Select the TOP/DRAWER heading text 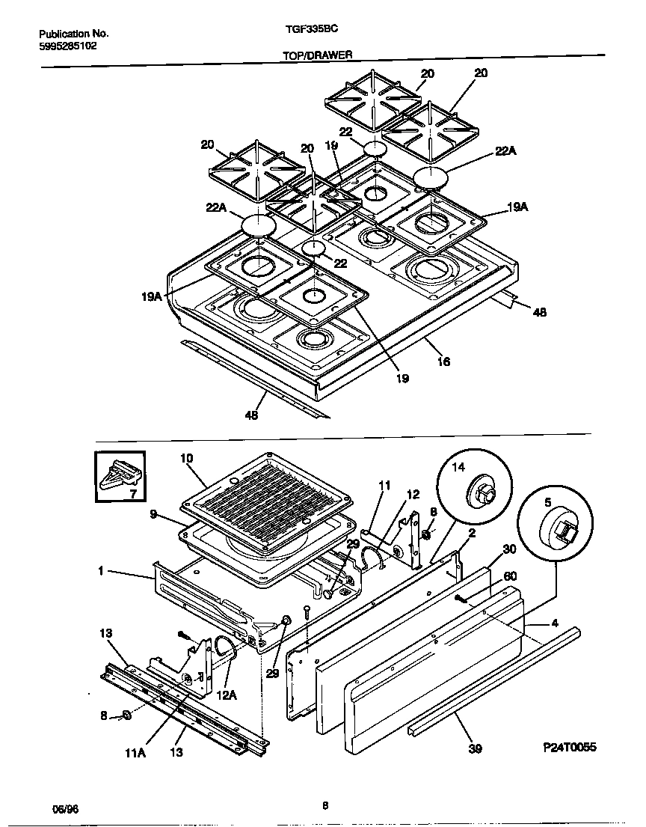point(318,55)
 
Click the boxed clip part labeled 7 point(120,477)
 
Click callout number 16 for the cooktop point(443,361)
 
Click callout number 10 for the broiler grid point(187,457)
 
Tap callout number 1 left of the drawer point(101,572)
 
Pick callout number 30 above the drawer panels point(509,549)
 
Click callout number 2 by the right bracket point(471,533)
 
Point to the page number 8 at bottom point(324,806)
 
